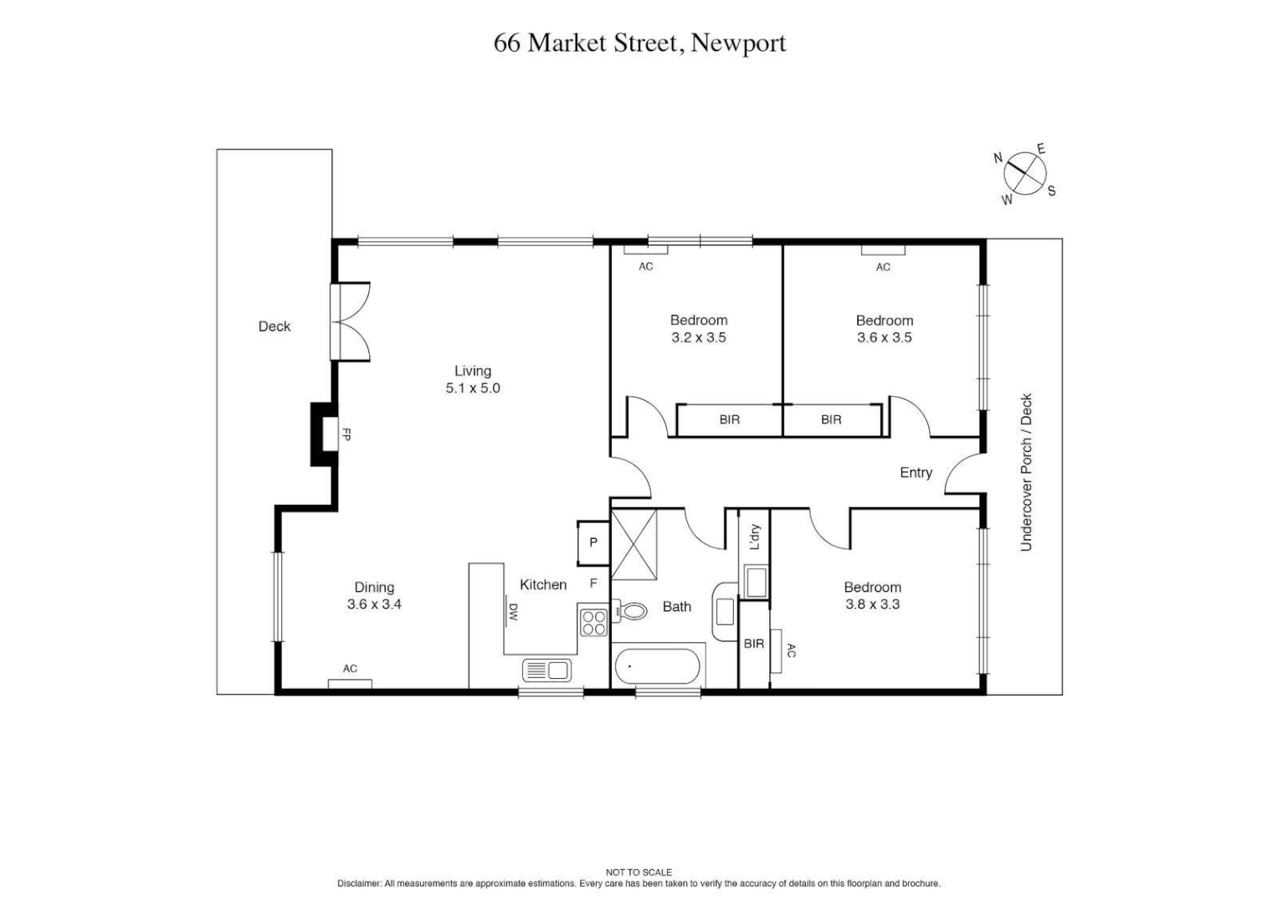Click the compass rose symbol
tap(1025, 173)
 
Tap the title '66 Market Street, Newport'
tap(639, 43)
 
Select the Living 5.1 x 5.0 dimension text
tap(473, 388)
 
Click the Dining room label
tap(374, 588)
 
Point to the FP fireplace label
tap(345, 435)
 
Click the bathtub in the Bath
tap(657, 667)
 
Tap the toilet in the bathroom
tap(632, 611)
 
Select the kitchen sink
tap(547, 670)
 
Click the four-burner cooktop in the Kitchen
tap(593, 622)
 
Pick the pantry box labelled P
tap(593, 542)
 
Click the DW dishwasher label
tap(513, 614)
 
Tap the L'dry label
tap(755, 537)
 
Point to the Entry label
tap(916, 473)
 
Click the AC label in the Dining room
tap(350, 669)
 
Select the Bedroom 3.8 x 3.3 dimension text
tap(872, 604)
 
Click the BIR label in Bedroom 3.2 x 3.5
tap(729, 420)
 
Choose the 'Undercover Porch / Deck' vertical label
tap(1026, 472)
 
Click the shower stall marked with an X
tap(634, 544)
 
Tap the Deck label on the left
tap(275, 326)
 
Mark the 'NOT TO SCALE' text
tap(639, 872)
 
